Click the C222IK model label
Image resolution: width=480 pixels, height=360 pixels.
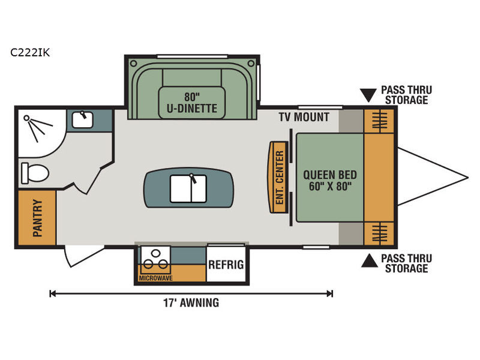[29, 53]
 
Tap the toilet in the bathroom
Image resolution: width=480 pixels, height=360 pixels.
[35, 173]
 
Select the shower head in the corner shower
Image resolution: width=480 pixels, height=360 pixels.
[26, 118]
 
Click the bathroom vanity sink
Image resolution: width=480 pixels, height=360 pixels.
[83, 119]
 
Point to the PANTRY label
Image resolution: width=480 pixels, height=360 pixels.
[37, 218]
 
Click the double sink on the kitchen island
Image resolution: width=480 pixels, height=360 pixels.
[188, 188]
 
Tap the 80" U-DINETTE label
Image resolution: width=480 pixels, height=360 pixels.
[192, 103]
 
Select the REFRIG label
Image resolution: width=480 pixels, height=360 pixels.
[226, 265]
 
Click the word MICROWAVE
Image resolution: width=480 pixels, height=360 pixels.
[155, 278]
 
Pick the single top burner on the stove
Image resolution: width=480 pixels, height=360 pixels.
[156, 253]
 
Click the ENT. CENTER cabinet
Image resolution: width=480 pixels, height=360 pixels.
[278, 177]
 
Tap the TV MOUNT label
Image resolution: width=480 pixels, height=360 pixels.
[304, 117]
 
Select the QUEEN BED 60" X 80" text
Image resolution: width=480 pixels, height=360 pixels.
[330, 181]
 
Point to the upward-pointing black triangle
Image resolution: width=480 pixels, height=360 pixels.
[370, 260]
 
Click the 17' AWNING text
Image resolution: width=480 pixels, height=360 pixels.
[191, 303]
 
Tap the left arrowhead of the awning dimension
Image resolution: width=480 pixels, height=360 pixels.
[52, 294]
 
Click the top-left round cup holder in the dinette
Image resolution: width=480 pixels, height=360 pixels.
[133, 64]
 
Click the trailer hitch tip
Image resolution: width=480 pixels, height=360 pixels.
[468, 178]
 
